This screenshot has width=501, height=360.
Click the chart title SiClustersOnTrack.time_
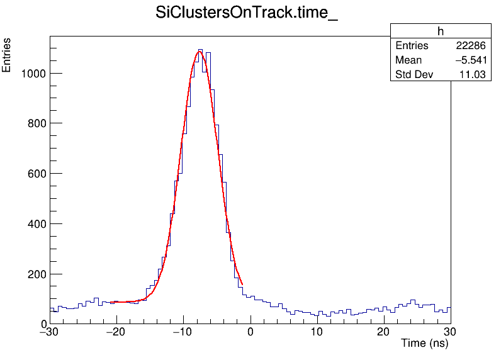coord(247,14)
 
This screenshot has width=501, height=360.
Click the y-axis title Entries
coord(7,55)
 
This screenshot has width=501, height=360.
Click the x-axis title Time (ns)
coord(424,344)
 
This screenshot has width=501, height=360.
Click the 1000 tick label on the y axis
coord(32,73)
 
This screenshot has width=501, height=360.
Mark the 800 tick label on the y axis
coord(35,123)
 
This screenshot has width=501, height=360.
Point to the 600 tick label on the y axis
coord(35,174)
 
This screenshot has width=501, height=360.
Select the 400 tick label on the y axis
coord(35,224)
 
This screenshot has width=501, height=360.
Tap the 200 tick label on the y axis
coord(35,274)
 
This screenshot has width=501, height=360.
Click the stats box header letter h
coord(441,32)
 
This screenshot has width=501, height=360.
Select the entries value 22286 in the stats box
coord(470,46)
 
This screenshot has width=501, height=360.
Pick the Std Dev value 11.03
coord(473,75)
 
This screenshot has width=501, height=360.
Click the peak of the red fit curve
coord(200,52)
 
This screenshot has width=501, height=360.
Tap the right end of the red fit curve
coord(242,284)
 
